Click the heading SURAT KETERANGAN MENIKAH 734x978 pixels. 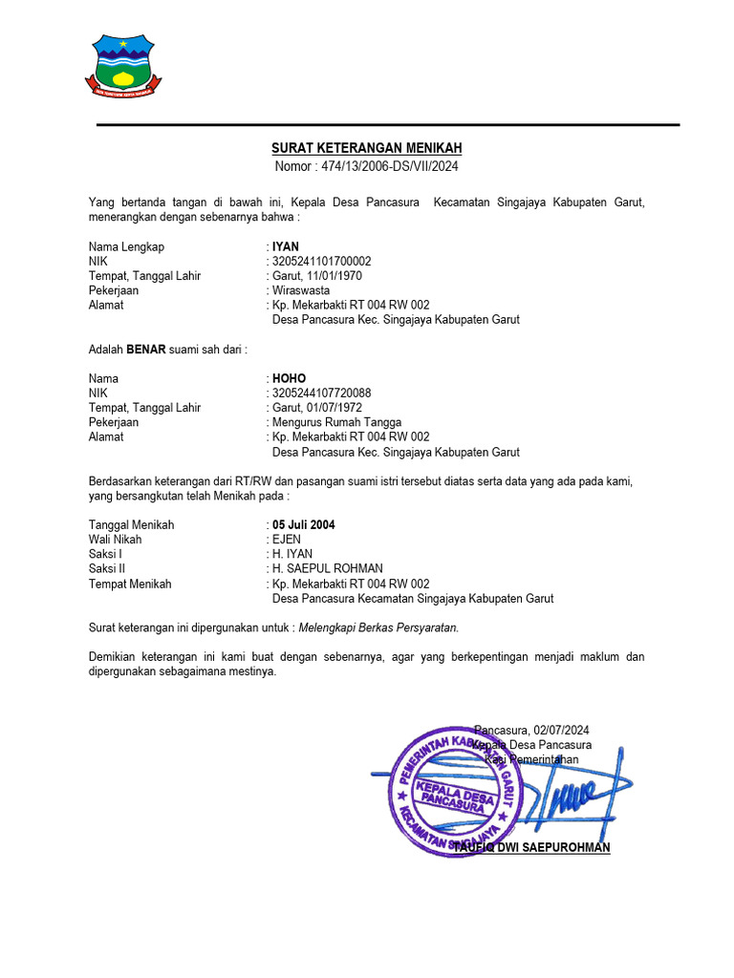click(x=367, y=148)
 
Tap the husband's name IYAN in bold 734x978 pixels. click(x=286, y=246)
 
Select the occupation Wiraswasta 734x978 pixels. click(x=301, y=290)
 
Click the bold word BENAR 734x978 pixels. click(x=146, y=350)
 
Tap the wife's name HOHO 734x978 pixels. click(x=289, y=379)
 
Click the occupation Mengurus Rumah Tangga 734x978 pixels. click(x=336, y=422)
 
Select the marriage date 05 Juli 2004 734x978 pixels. click(x=304, y=525)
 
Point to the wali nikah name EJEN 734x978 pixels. click(x=287, y=540)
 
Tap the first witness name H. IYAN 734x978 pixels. click(x=292, y=554)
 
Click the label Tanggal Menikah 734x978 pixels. click(x=132, y=525)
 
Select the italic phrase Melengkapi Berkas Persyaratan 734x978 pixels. click(x=378, y=627)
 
